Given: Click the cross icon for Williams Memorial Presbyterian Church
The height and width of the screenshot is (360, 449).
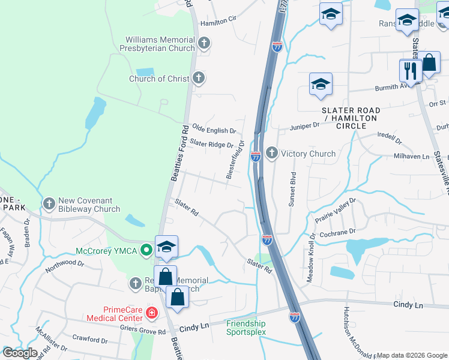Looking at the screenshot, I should (x=204, y=43).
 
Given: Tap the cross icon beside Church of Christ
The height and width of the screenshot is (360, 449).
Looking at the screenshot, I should (x=199, y=78).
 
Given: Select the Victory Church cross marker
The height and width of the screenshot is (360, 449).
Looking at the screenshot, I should (x=271, y=154).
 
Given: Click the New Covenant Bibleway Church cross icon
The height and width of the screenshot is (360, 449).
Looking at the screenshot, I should (x=49, y=204).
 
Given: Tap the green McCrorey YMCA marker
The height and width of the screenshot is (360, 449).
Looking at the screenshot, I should (x=146, y=250).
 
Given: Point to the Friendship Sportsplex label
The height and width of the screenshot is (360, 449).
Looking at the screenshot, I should (x=246, y=328).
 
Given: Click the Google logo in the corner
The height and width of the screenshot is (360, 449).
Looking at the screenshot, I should (x=19, y=353).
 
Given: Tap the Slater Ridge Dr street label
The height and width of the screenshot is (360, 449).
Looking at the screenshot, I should (x=211, y=144).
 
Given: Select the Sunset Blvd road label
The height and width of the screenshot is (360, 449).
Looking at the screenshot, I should (x=292, y=190).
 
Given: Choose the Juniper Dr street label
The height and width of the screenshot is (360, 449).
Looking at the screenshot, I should (x=304, y=126).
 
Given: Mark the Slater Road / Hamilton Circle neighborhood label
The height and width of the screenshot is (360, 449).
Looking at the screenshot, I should (x=352, y=118).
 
